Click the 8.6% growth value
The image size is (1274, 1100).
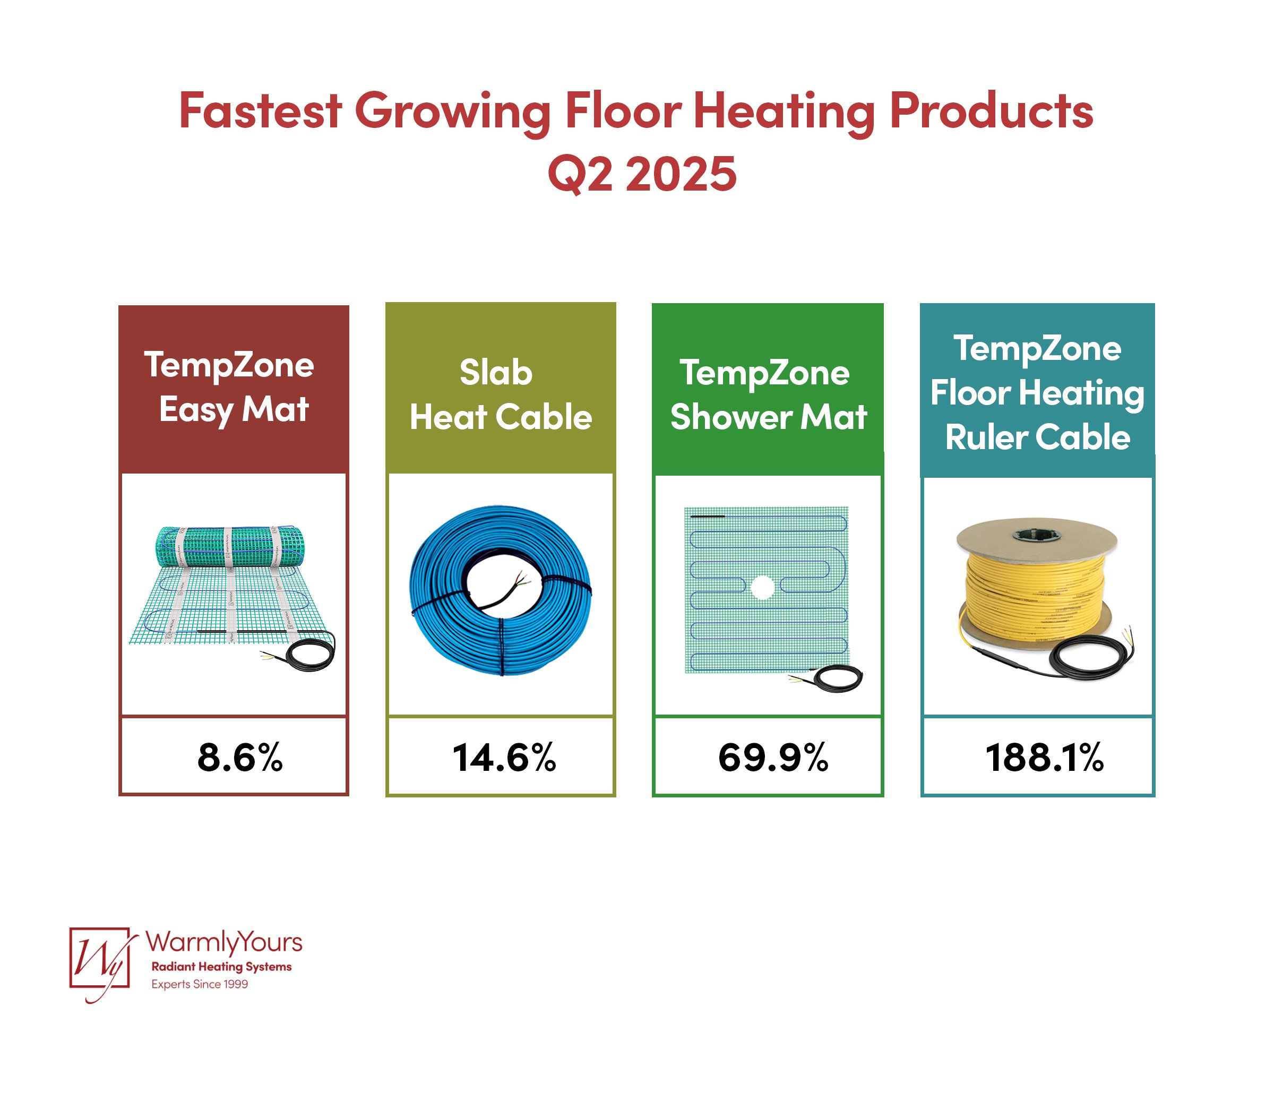pyautogui.click(x=240, y=757)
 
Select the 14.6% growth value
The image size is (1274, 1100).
pyautogui.click(x=504, y=757)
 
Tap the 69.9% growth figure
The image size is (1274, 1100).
pyautogui.click(x=773, y=757)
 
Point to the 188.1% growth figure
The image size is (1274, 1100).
pyautogui.click(x=1044, y=757)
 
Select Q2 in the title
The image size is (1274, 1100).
pyautogui.click(x=580, y=174)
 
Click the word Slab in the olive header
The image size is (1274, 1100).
pyautogui.click(x=496, y=372)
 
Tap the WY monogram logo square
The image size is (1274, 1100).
pyautogui.click(x=100, y=957)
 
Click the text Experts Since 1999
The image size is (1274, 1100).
pyautogui.click(x=200, y=984)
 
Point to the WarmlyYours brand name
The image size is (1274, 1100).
pyautogui.click(x=224, y=943)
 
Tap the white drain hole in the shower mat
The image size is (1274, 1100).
pyautogui.click(x=762, y=587)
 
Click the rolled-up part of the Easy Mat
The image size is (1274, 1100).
pyautogui.click(x=229, y=546)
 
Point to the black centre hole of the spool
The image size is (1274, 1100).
pyautogui.click(x=1037, y=534)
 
